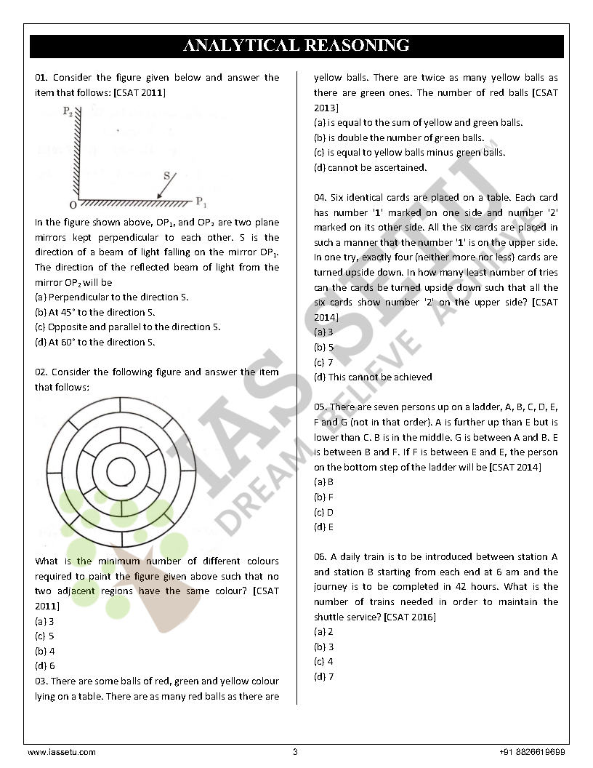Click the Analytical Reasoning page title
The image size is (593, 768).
pyautogui.click(x=296, y=46)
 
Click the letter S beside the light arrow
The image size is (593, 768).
pyautogui.click(x=166, y=175)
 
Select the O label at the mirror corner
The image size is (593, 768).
pyautogui.click(x=73, y=205)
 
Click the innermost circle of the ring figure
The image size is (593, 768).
pyautogui.click(x=121, y=471)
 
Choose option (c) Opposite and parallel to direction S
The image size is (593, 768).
pyautogui.click(x=127, y=327)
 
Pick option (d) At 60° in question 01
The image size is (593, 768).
pyautogui.click(x=95, y=343)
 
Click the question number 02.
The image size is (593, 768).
pyautogui.click(x=41, y=372)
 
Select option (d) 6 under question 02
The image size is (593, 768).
pyautogui.click(x=44, y=665)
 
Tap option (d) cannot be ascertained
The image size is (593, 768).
pyautogui.click(x=370, y=168)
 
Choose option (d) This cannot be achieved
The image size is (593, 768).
pyautogui.click(x=373, y=377)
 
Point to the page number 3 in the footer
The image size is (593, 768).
pyautogui.click(x=295, y=752)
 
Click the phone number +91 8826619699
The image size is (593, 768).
pyautogui.click(x=533, y=752)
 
